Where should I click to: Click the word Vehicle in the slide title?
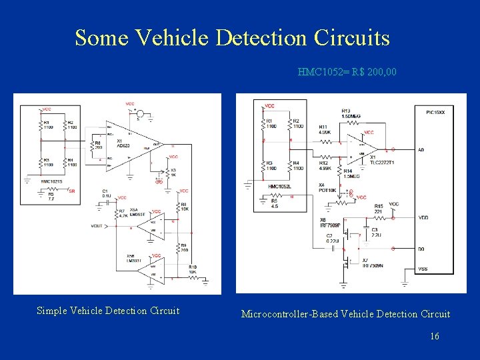click(172, 38)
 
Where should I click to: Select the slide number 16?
click(434, 337)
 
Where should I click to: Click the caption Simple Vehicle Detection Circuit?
click(108, 311)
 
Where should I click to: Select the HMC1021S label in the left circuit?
click(51, 182)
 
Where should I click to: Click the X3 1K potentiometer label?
click(173, 172)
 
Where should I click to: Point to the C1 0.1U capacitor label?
click(106, 193)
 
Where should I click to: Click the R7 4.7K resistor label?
click(122, 213)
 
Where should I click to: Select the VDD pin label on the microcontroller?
click(423, 217)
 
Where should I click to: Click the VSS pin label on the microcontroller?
click(422, 269)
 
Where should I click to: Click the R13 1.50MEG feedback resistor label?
click(351, 113)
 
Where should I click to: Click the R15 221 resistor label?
click(378, 209)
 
